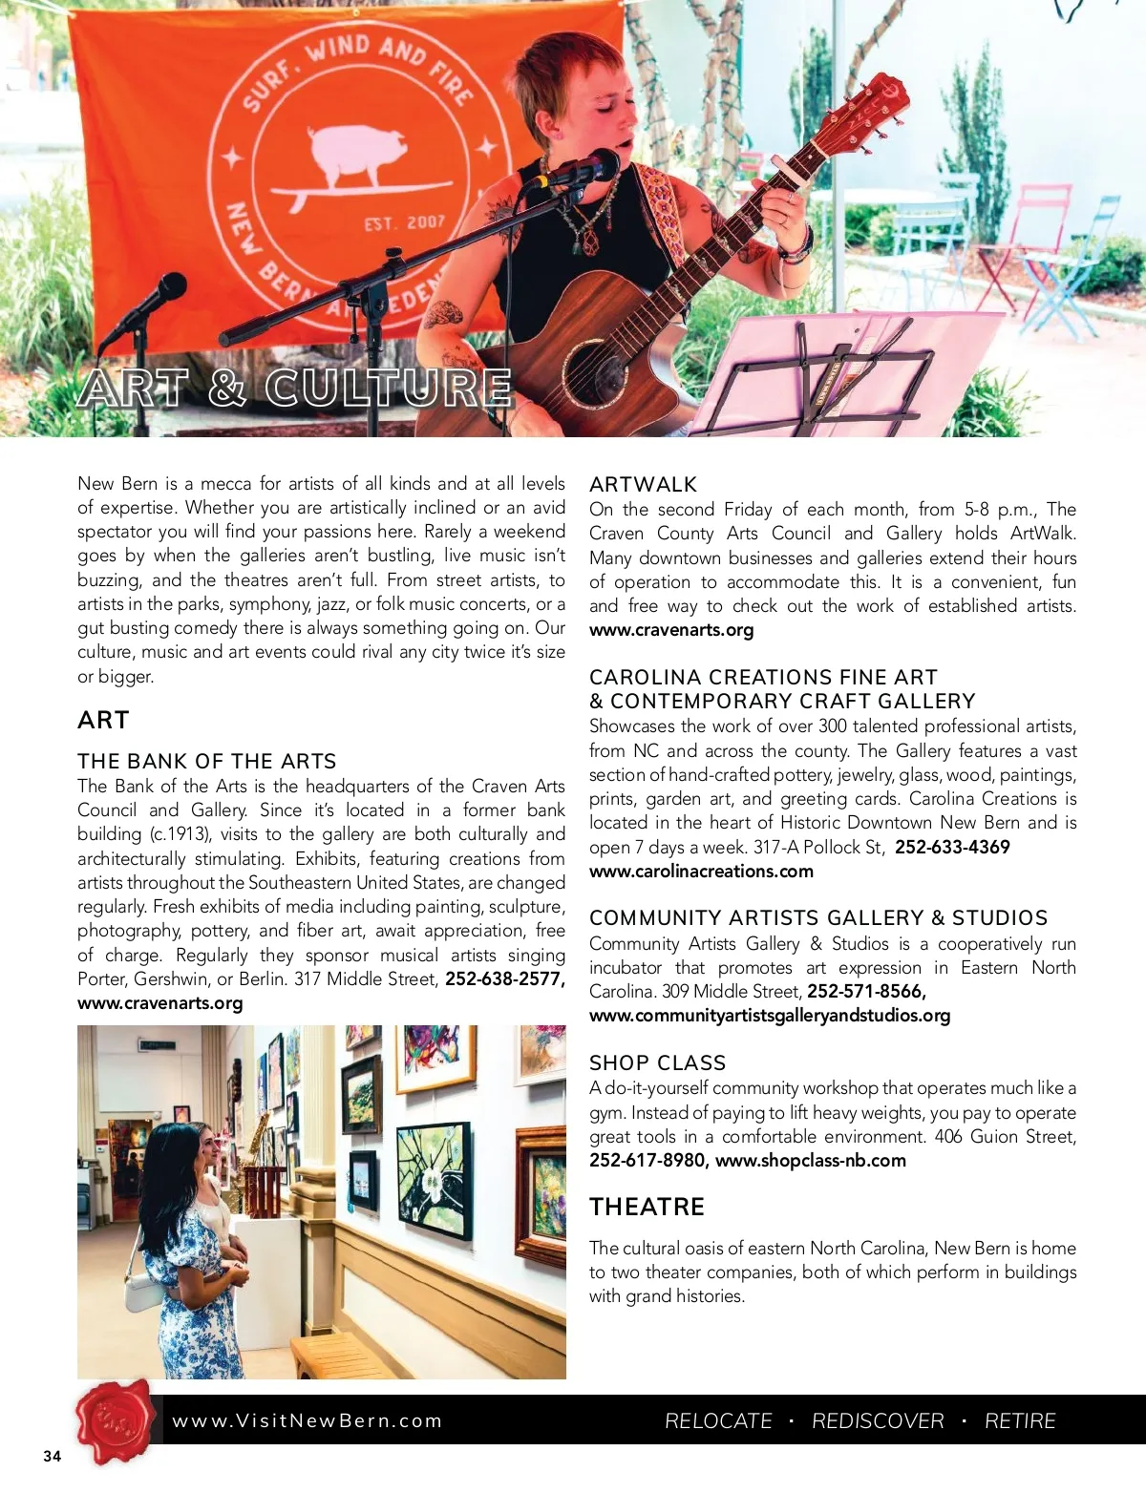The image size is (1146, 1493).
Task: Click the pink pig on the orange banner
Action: [x=358, y=153]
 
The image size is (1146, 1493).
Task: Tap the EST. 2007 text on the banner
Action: [x=404, y=222]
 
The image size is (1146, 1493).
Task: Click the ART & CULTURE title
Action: [x=295, y=389]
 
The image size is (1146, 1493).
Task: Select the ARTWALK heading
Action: [x=643, y=484]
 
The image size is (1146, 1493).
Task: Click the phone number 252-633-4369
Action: [x=952, y=847]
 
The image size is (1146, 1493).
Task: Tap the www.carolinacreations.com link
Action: [x=701, y=871]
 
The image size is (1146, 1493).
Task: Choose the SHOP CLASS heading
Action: [x=657, y=1062]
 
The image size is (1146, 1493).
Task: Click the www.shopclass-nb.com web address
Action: [x=810, y=1160]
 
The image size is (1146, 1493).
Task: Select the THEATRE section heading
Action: [x=647, y=1207]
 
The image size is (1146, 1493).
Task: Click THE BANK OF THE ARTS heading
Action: [x=206, y=761]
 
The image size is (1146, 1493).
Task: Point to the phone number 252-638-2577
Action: [x=504, y=978]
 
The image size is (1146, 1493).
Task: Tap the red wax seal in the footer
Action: [x=115, y=1420]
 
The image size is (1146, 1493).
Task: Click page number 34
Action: [x=52, y=1456]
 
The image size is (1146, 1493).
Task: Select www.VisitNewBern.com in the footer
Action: [x=307, y=1420]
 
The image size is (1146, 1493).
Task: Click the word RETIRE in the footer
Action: [x=1019, y=1420]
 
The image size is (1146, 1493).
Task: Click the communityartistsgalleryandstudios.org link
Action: [x=770, y=1015]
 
